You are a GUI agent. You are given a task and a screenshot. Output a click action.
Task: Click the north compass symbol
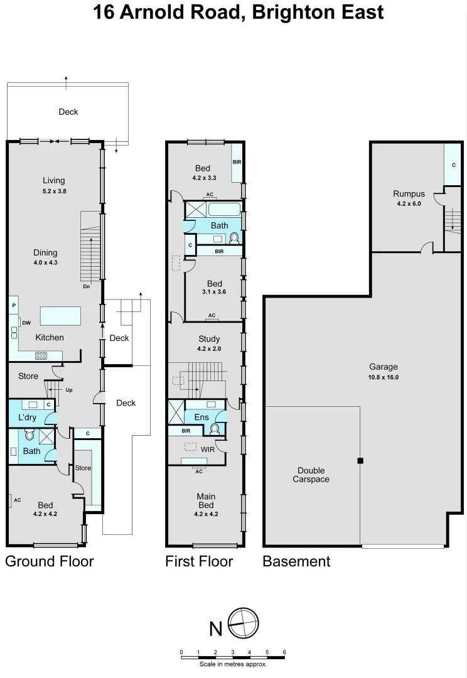pyautogui.click(x=244, y=624)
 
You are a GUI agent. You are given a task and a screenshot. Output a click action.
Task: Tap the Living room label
pyautogui.click(x=54, y=181)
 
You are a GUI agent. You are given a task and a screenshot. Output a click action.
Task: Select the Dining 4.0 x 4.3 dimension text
pyautogui.click(x=45, y=262)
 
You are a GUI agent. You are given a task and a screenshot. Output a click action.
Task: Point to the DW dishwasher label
pyautogui.click(x=26, y=323)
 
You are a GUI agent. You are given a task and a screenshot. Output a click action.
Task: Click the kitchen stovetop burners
pyautogui.click(x=41, y=356)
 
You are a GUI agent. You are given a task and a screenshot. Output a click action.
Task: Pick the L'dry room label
pyautogui.click(x=27, y=417)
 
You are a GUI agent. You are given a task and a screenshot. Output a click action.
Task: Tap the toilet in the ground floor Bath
pyautogui.click(x=28, y=434)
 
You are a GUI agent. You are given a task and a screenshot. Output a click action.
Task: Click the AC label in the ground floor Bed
pyautogui.click(x=18, y=500)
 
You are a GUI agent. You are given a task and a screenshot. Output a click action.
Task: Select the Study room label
pyautogui.click(x=208, y=339)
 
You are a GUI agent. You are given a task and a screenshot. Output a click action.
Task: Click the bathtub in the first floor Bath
pyautogui.click(x=223, y=210)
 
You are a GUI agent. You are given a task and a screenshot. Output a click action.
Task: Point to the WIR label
pyautogui.click(x=208, y=449)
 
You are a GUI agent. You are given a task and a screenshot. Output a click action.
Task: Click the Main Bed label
pyautogui.click(x=206, y=500)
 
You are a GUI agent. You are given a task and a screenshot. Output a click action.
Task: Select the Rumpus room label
pyautogui.click(x=409, y=194)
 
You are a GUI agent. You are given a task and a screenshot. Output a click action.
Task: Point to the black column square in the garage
pyautogui.click(x=360, y=461)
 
